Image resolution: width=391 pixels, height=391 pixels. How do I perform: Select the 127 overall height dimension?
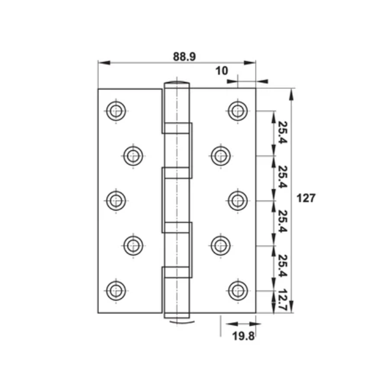(306, 198)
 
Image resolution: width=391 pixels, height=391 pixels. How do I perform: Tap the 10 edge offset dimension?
(222, 71)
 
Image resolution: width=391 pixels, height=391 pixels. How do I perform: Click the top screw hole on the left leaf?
(116, 111)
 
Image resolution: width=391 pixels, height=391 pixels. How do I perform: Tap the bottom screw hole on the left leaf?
(116, 289)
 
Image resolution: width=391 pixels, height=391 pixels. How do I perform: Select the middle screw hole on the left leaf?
(116, 200)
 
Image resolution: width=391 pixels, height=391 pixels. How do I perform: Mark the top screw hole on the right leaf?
(238, 111)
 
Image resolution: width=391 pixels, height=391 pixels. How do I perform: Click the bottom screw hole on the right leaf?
(238, 289)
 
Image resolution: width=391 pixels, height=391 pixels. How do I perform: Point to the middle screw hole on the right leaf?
(238, 200)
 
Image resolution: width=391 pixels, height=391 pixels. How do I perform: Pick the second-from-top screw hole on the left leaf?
(132, 155)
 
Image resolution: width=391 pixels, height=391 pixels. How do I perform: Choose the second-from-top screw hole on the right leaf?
(221, 155)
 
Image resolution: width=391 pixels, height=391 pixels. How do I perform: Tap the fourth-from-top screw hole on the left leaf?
(132, 245)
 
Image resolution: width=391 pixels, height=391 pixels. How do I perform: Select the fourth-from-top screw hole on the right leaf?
(221, 245)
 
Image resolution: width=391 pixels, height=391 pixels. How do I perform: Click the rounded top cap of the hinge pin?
(177, 84)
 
